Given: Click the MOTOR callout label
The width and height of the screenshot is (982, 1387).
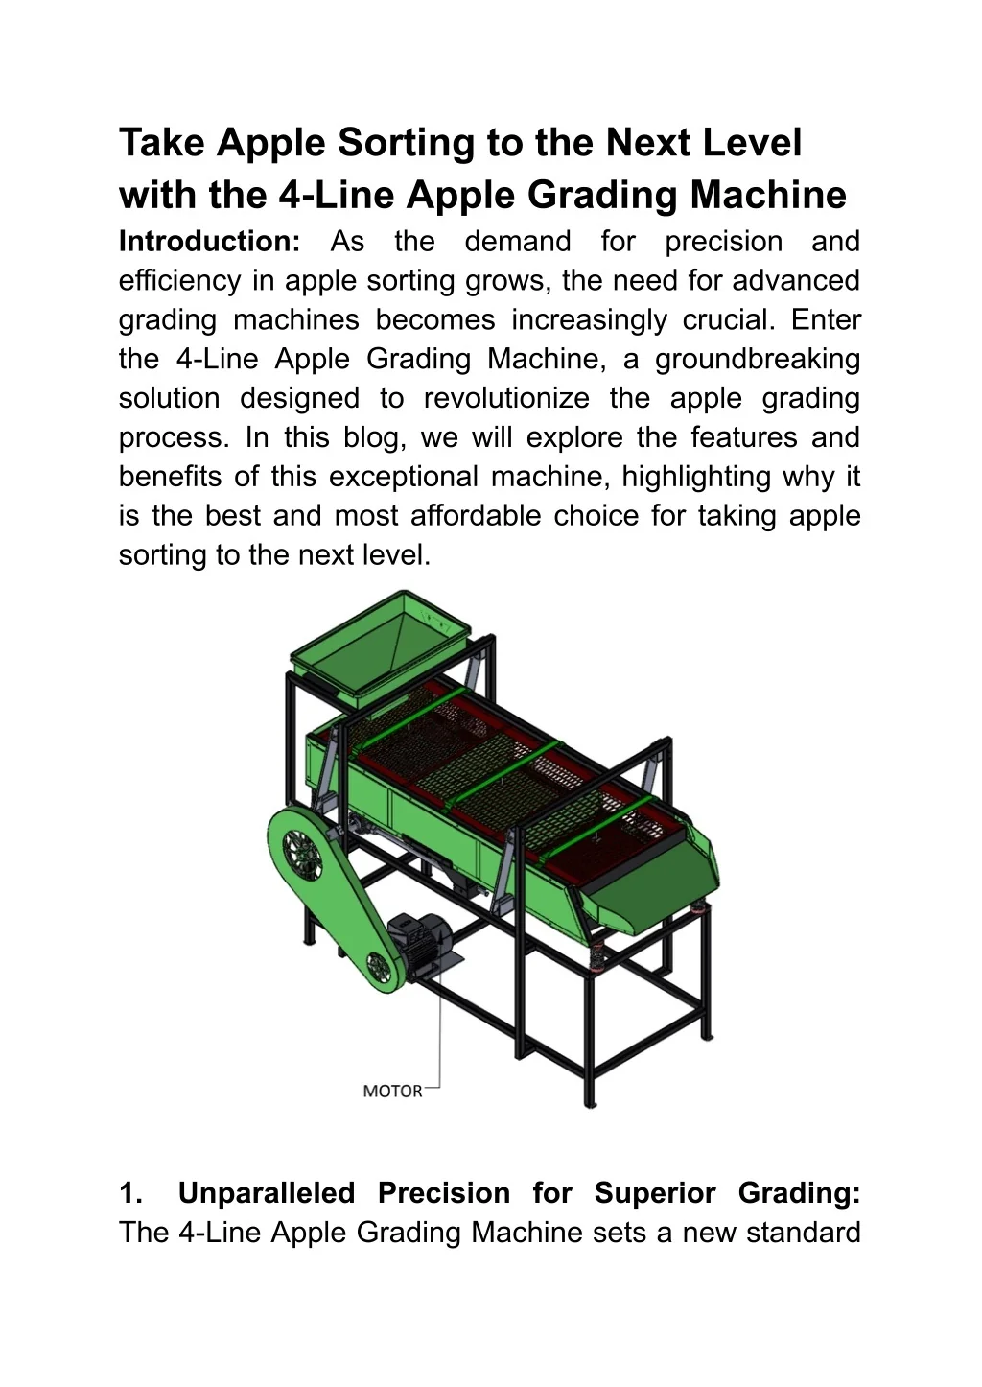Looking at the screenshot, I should click(x=392, y=1091).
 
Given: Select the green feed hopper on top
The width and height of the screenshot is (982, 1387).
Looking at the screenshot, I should click(x=379, y=644).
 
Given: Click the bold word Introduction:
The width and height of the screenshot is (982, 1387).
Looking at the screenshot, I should click(x=210, y=242).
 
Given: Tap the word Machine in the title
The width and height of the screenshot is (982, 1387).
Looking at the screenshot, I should click(x=768, y=195).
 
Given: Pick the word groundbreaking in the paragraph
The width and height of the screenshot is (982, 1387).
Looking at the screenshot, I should click(x=758, y=359).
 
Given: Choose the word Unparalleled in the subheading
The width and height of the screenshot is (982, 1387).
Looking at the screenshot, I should click(x=267, y=1193).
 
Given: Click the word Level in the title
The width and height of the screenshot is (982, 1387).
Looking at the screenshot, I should click(x=752, y=143).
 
